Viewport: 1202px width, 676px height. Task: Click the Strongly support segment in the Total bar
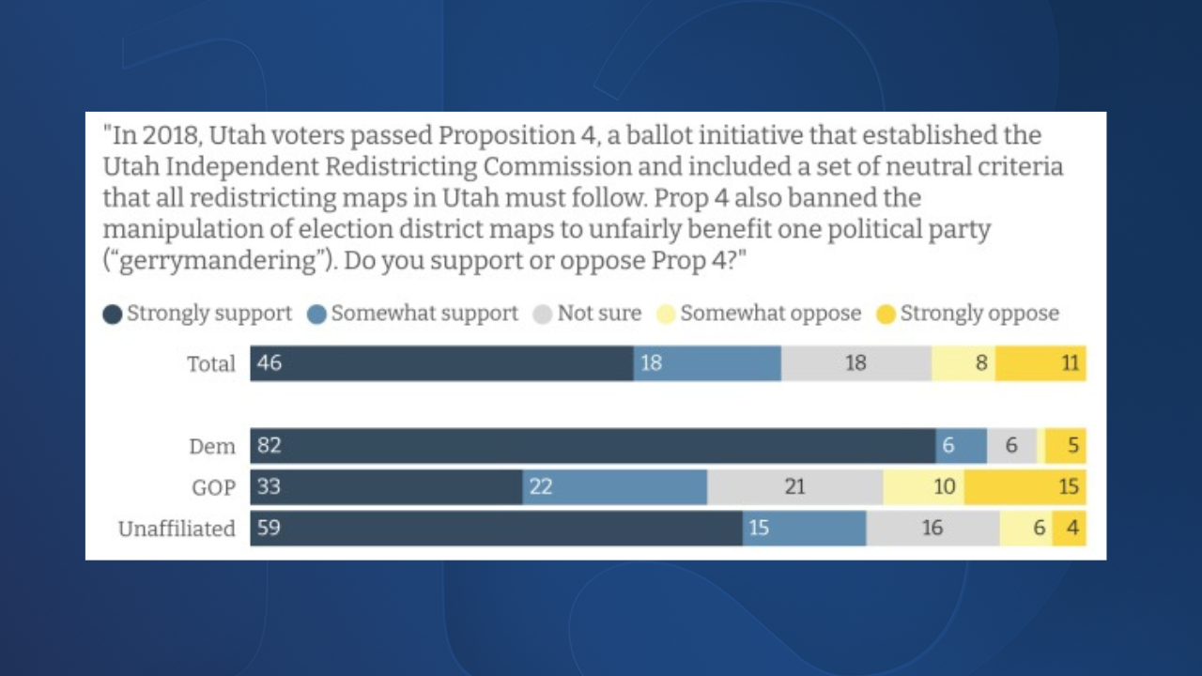(x=441, y=363)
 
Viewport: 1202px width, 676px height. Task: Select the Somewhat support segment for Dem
(x=961, y=446)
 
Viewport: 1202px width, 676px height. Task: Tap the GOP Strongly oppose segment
(x=1025, y=487)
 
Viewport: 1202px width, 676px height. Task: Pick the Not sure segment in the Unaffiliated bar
(x=932, y=529)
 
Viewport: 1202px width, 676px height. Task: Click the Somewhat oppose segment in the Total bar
(x=963, y=363)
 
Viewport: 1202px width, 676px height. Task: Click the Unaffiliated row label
(x=177, y=530)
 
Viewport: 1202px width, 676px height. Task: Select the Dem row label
(x=212, y=447)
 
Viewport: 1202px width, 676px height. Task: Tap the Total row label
(x=211, y=364)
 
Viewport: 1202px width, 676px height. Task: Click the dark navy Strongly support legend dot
(x=113, y=315)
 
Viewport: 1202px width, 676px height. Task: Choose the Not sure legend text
(x=599, y=314)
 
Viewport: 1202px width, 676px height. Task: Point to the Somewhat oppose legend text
(x=770, y=314)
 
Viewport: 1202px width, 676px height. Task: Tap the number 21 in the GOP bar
(x=794, y=487)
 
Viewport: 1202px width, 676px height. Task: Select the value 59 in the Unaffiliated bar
(x=269, y=529)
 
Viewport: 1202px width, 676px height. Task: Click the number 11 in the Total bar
(x=1071, y=363)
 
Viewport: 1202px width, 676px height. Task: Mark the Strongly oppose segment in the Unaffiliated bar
(x=1069, y=529)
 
